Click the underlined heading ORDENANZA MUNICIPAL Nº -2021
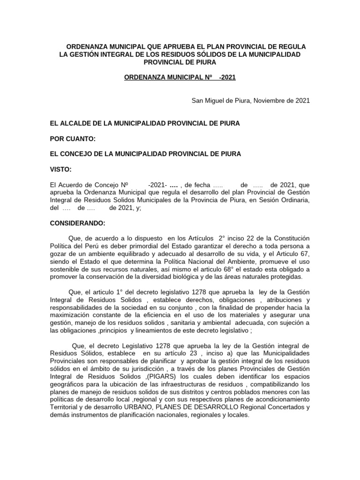(x=180, y=78)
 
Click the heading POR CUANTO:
(x=73, y=138)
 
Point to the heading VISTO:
(x=61, y=169)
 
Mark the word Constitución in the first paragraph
(x=289, y=239)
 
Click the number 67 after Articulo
(x=305, y=254)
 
